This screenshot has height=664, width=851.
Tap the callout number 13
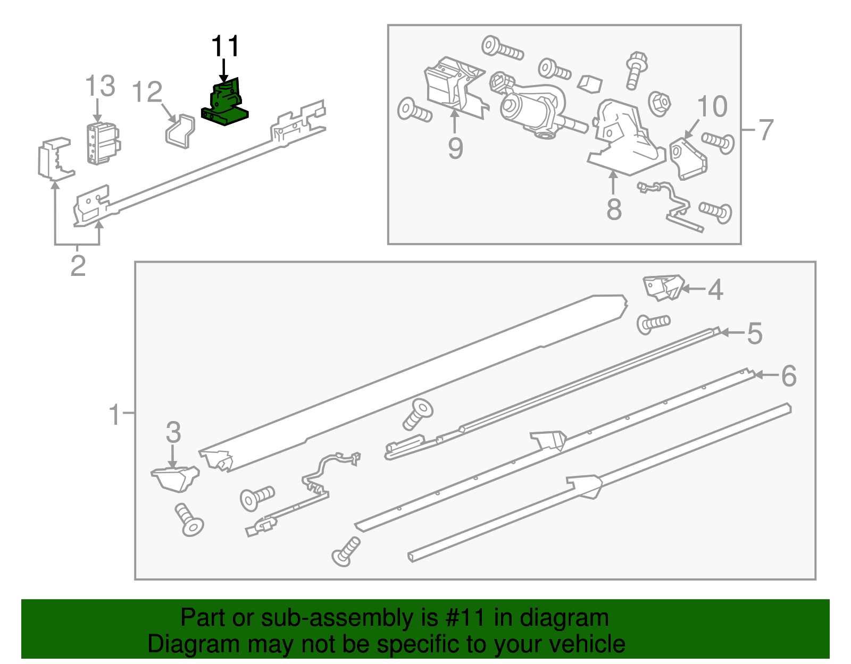point(100,86)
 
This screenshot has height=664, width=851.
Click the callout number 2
point(78,266)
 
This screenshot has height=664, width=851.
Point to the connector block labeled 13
point(103,143)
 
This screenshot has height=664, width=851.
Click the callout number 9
point(455,148)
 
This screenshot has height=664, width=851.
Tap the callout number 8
point(614,209)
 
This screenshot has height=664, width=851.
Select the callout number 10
point(712,107)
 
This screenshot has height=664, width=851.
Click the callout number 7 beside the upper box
point(765,130)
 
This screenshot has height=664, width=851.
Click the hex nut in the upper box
point(659,103)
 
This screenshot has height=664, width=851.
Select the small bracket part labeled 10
point(688,159)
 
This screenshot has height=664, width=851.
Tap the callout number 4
point(715,290)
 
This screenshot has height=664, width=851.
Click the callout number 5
point(755,334)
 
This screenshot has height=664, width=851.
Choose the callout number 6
point(788,376)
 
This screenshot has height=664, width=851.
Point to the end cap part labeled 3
point(176,478)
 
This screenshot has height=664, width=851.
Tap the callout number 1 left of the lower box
point(115,414)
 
